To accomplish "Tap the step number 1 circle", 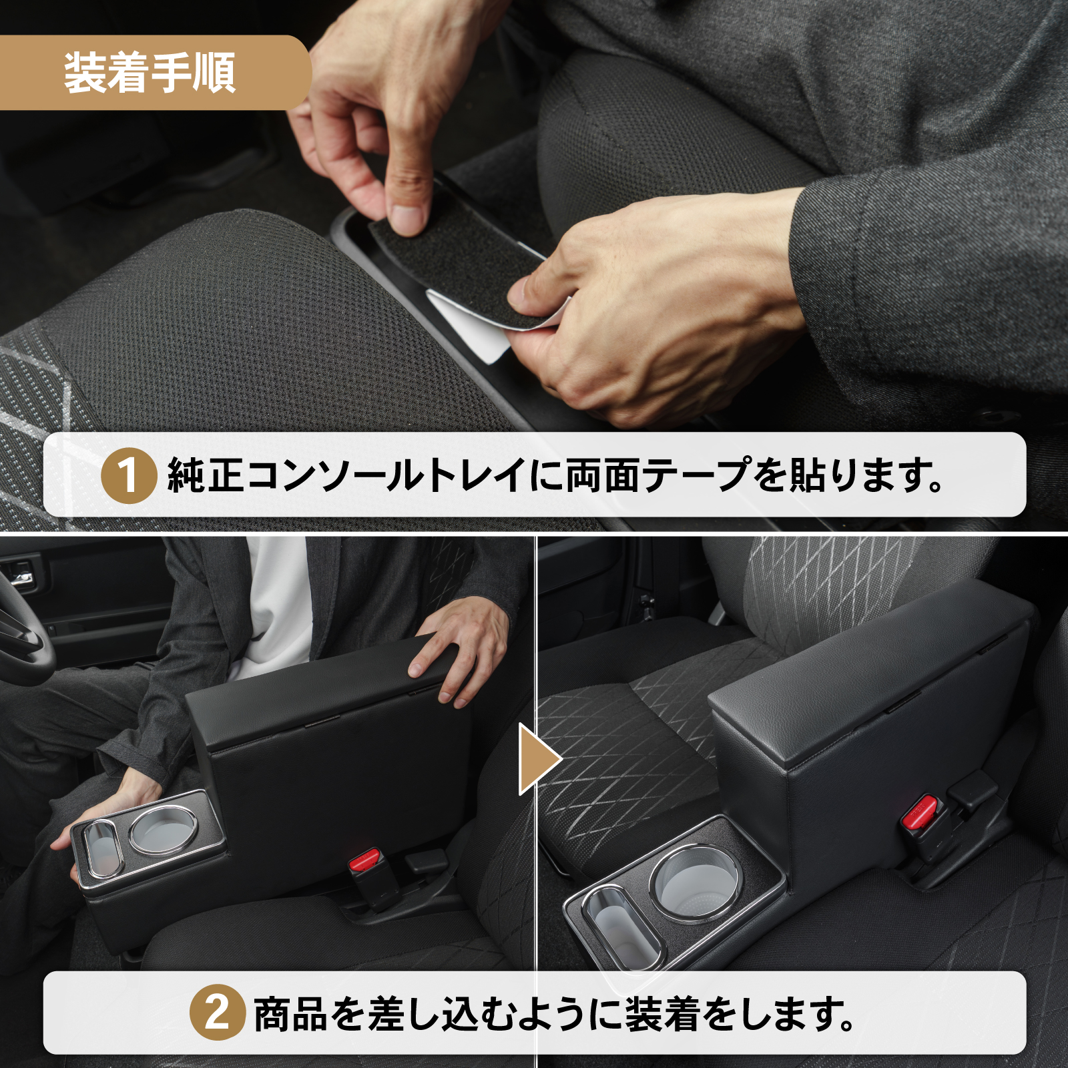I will (129, 475).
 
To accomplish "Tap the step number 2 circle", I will (217, 1013).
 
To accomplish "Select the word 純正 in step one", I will (206, 475).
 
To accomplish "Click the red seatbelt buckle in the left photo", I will (364, 860).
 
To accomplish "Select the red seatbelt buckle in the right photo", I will (920, 813).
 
